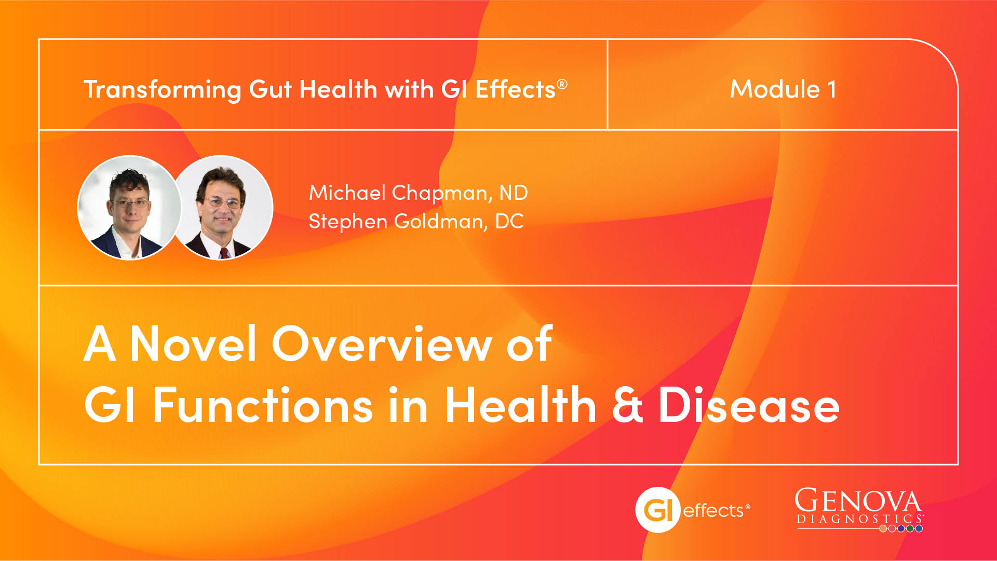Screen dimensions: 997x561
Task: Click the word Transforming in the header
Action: click(x=163, y=90)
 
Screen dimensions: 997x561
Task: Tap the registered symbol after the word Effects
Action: click(x=562, y=84)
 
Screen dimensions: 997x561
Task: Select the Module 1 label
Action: click(x=783, y=89)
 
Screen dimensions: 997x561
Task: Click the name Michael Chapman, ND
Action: click(x=418, y=193)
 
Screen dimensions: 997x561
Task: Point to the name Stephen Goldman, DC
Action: click(x=416, y=222)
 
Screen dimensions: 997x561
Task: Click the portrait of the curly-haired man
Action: click(x=129, y=208)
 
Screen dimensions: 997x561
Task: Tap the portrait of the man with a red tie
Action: click(x=222, y=208)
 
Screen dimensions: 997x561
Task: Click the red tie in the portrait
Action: click(x=224, y=253)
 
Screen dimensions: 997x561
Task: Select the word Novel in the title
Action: click(x=193, y=343)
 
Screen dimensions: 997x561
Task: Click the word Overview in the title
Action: click(x=382, y=343)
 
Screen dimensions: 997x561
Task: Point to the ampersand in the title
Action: click(x=628, y=405)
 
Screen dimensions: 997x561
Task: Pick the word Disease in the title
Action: click(x=749, y=405)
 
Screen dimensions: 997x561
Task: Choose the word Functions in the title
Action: click(x=263, y=405)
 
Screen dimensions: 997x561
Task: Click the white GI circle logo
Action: click(x=657, y=510)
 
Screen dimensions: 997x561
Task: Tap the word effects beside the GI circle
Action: click(x=714, y=511)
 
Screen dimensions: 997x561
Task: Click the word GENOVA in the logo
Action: click(x=858, y=500)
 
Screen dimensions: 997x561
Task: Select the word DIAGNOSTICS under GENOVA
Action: click(x=859, y=519)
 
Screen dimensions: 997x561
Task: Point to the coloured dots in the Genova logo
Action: click(x=901, y=529)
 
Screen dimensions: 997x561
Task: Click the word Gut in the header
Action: click(x=270, y=90)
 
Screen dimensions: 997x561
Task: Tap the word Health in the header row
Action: click(x=338, y=89)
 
